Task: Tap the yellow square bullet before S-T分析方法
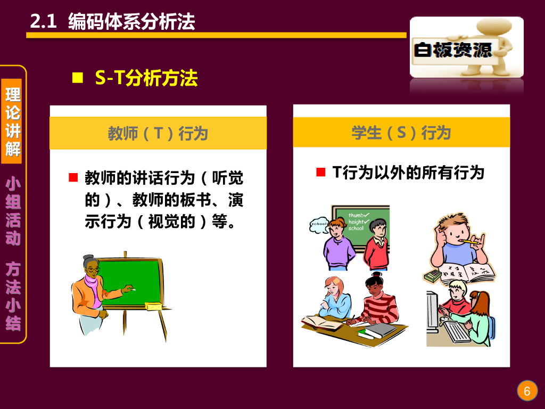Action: coord(78,78)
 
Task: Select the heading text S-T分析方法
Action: coord(146,78)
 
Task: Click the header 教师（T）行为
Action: coord(158,133)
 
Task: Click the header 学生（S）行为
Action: coord(401,133)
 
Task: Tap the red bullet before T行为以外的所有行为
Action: coord(320,172)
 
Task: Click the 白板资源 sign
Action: coord(453,50)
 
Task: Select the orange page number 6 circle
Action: coord(527,391)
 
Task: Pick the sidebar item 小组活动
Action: coord(13,212)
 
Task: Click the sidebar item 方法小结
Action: coord(13,296)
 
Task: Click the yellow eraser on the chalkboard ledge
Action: coord(153,306)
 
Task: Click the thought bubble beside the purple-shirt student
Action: coord(319,224)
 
